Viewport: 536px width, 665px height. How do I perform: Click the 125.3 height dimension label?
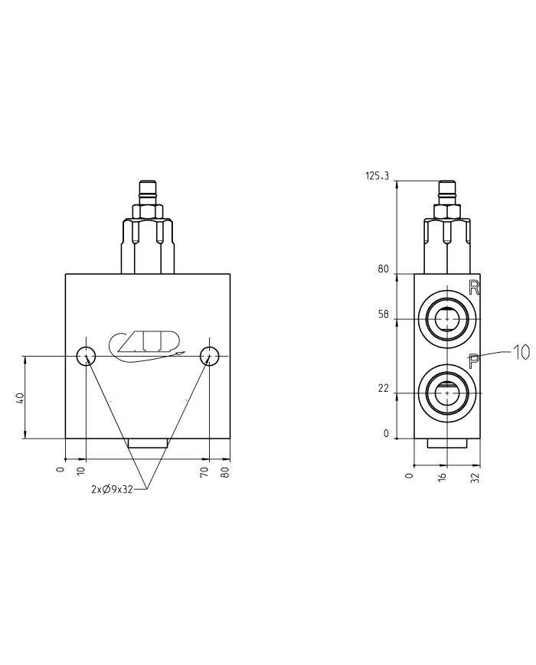click(x=377, y=176)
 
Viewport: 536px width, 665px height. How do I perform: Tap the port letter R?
click(x=474, y=288)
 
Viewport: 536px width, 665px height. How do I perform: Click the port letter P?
click(x=474, y=360)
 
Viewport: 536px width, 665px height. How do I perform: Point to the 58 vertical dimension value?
click(x=383, y=315)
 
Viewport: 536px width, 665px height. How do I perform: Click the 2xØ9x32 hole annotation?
click(x=113, y=490)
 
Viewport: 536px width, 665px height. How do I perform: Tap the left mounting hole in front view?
click(x=86, y=355)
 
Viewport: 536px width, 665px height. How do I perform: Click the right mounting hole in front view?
click(x=210, y=355)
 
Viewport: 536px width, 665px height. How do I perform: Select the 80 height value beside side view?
click(x=383, y=269)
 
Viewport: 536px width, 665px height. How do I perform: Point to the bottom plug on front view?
click(x=147, y=444)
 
